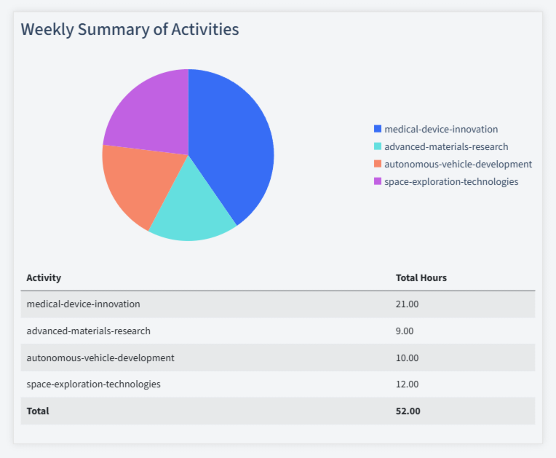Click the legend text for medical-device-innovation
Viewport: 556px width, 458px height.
click(441, 129)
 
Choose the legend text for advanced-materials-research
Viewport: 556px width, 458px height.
click(446, 146)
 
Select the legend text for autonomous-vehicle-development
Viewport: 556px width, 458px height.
click(458, 164)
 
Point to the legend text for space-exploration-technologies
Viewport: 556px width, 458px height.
click(451, 181)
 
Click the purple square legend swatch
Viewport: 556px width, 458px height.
click(377, 181)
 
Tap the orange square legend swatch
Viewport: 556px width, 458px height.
click(377, 164)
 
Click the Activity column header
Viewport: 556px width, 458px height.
click(44, 277)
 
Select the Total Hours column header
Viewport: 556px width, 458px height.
click(421, 277)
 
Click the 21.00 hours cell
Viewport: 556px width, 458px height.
click(407, 304)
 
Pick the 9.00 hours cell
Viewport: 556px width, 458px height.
click(404, 331)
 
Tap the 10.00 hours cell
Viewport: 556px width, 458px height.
click(407, 358)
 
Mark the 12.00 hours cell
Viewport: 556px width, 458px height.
click(407, 384)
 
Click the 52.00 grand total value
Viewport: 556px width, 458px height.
click(408, 411)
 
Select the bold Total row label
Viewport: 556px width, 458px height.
click(38, 411)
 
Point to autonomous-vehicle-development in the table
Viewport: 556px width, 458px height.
click(100, 358)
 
